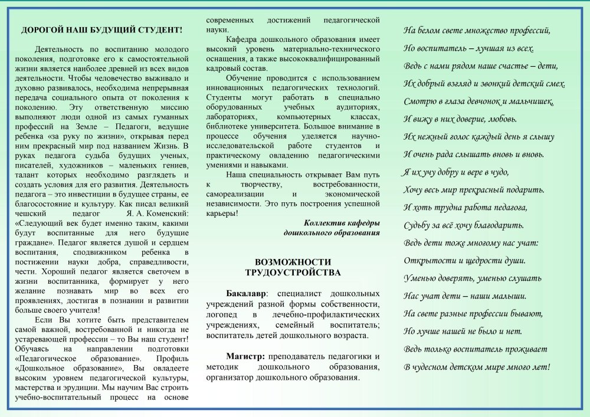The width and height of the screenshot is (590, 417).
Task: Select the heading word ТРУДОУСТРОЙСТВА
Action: coord(293,272)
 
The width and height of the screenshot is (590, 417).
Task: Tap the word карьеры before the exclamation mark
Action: coord(221,212)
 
